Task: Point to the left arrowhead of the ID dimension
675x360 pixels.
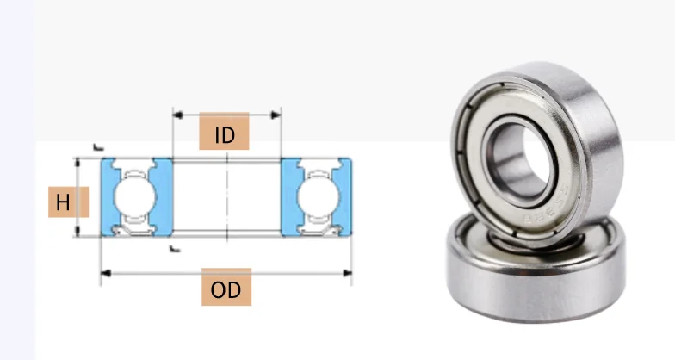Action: pyautogui.click(x=176, y=114)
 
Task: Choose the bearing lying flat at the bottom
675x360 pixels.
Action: pyautogui.click(x=534, y=276)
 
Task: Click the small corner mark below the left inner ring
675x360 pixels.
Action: pyautogui.click(x=175, y=248)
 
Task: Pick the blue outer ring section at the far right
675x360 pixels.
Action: pyautogui.click(x=346, y=196)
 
